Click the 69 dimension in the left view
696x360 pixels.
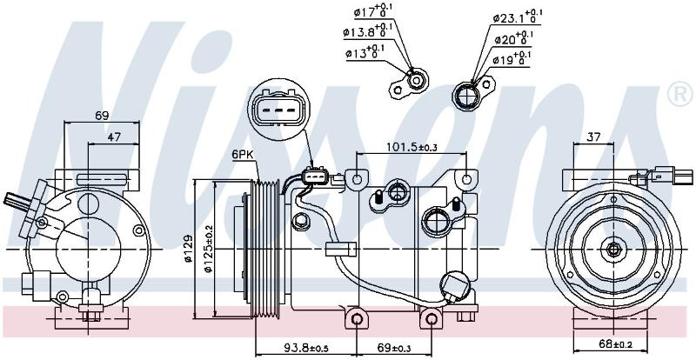point(102,116)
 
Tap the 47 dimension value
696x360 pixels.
point(114,137)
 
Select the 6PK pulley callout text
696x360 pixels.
point(242,155)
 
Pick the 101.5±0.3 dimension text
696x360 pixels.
point(412,147)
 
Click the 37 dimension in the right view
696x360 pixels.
point(593,137)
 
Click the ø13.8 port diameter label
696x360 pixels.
point(364,30)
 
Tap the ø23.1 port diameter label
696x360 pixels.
point(518,17)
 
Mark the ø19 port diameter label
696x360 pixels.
point(512,59)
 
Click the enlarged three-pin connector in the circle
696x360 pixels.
point(277,110)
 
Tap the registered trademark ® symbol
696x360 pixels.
point(679,95)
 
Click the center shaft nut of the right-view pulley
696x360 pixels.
point(613,249)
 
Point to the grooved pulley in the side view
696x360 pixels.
point(265,250)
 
